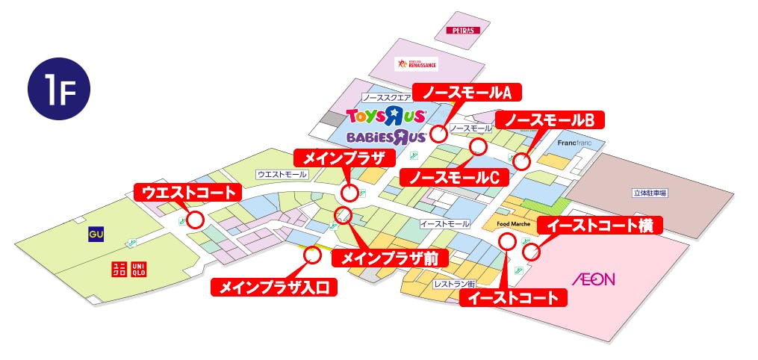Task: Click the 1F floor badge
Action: [x=59, y=89]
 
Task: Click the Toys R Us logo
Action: [x=386, y=116]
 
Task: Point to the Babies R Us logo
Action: [x=386, y=137]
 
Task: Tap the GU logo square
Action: [x=96, y=234]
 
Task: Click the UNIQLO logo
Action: [x=129, y=269]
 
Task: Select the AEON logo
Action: [x=594, y=279]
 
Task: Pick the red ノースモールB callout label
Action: [x=553, y=120]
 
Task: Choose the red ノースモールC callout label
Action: [x=454, y=177]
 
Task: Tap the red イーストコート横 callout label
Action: [x=600, y=225]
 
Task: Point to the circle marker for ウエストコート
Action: [x=196, y=220]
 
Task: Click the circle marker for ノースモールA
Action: [x=438, y=134]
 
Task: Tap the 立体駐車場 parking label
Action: [x=650, y=193]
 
